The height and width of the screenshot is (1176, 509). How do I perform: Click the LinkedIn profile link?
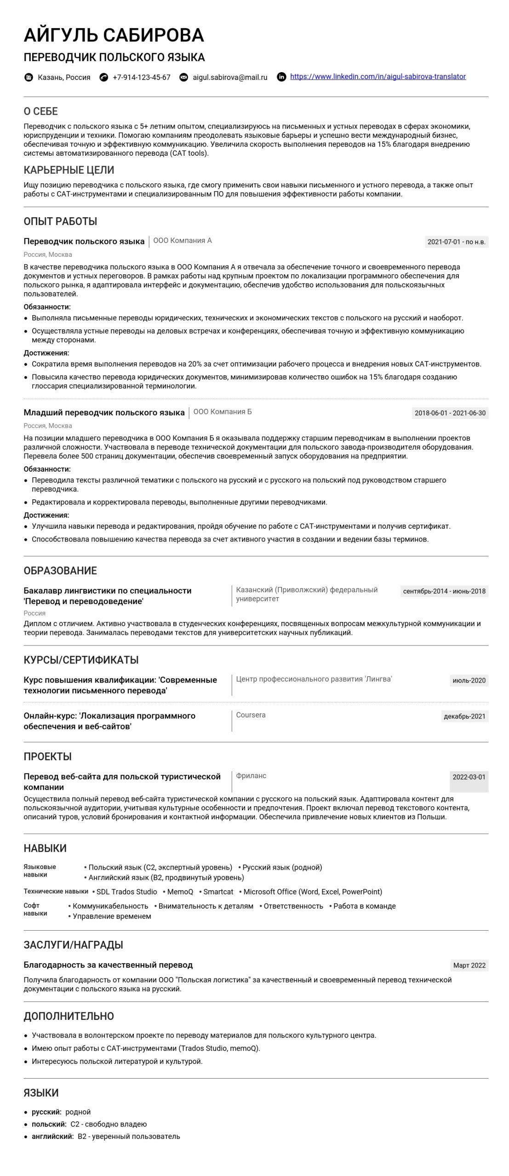click(377, 77)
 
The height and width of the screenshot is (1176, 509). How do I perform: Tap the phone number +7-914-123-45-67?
click(141, 78)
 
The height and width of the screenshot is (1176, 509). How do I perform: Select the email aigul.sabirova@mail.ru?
click(230, 78)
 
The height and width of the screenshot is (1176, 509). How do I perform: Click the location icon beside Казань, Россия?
click(29, 77)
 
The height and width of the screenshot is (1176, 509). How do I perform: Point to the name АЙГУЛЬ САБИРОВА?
click(114, 35)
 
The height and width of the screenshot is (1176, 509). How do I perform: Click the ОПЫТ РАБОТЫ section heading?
click(60, 221)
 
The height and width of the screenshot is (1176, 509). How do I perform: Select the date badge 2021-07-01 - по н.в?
click(456, 242)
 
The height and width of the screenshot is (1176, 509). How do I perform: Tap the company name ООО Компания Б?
click(223, 412)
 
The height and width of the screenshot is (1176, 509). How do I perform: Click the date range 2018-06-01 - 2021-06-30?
click(450, 413)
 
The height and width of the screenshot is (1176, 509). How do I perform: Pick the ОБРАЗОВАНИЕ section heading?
click(60, 571)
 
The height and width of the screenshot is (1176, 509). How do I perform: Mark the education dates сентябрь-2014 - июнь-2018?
click(444, 591)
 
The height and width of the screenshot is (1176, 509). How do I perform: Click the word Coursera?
click(251, 715)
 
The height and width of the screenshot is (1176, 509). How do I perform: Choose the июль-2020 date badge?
click(469, 680)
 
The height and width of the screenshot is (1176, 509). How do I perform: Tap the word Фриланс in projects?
click(251, 775)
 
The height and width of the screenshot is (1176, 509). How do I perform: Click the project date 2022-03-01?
click(469, 777)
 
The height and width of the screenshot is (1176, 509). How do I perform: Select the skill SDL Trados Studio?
click(126, 892)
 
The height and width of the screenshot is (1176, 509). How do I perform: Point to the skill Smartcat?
click(218, 892)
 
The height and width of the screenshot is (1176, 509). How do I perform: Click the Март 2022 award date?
click(469, 965)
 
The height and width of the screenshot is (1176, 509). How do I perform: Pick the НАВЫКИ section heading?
click(45, 848)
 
